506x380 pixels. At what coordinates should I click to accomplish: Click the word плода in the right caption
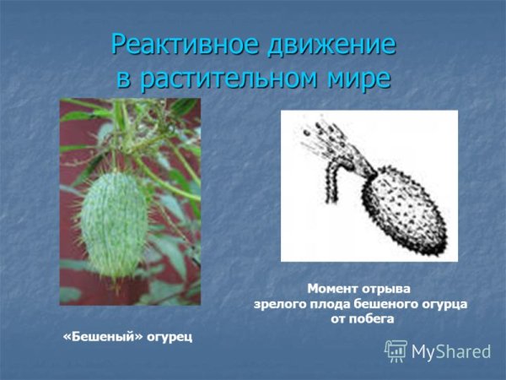pyautogui.click(x=331, y=303)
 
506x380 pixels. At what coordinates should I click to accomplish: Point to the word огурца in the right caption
pyautogui.click(x=444, y=303)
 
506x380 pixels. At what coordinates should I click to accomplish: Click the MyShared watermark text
pyautogui.click(x=450, y=351)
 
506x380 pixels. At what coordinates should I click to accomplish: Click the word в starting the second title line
pyautogui.click(x=125, y=79)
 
